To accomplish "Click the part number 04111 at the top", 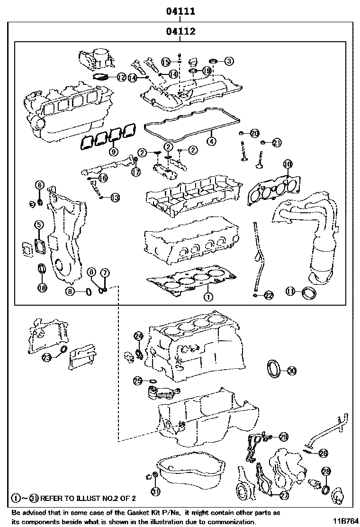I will tap(180, 11).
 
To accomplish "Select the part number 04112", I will tap(180, 32).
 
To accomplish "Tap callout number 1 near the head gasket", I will tap(207, 297).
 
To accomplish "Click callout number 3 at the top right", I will tap(229, 61).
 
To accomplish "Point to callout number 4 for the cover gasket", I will tap(211, 141).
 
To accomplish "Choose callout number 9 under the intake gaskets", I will tap(113, 152).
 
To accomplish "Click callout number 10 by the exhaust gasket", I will tap(288, 164).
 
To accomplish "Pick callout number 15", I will tap(165, 62).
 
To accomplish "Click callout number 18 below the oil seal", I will tap(42, 288).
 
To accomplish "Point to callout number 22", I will tap(268, 295).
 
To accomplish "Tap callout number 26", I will tap(323, 453).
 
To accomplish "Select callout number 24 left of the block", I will tap(138, 336).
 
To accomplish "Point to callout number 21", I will tap(277, 142).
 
